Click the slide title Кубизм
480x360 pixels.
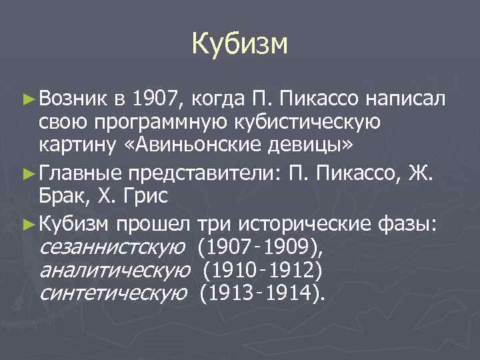click(x=239, y=44)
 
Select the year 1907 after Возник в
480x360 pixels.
click(x=155, y=101)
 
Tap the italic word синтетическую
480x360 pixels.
click(x=113, y=293)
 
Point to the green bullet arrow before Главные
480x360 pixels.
click(x=27, y=174)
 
